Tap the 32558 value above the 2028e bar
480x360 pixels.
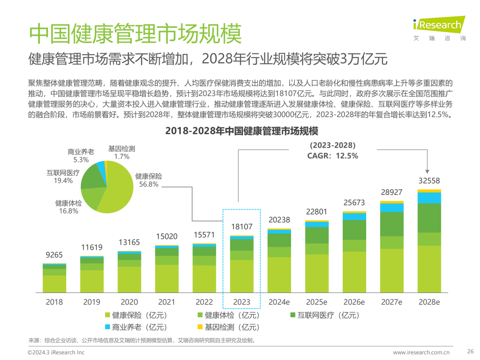coord(429,181)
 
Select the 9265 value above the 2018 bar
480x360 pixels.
coord(54,255)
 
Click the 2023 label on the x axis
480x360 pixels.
coord(242,302)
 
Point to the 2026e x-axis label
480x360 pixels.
coord(354,302)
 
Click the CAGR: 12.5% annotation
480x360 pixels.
coord(332,156)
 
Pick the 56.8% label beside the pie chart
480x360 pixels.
coord(149,184)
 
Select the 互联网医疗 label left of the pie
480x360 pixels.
coord(63,173)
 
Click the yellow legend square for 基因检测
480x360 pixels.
coord(200,327)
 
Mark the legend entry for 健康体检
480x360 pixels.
coord(228,315)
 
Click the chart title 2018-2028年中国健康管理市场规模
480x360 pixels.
coord(242,131)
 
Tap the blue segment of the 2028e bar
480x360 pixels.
coord(429,198)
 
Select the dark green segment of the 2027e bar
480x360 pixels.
coord(392,224)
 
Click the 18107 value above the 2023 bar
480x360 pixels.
coord(242,227)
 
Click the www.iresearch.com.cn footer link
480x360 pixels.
coord(421,352)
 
